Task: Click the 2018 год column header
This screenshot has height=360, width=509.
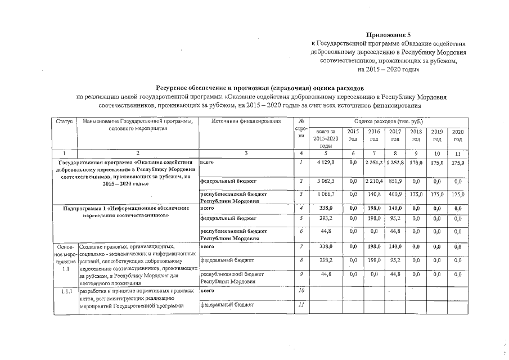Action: tap(416, 134)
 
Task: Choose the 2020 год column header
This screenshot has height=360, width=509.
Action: tap(458, 134)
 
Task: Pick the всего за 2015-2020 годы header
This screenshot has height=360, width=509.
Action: tap(326, 138)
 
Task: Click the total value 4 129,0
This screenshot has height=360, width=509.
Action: tap(326, 163)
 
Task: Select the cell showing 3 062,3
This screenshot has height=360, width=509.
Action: tap(326, 181)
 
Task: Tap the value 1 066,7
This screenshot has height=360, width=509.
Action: tap(326, 194)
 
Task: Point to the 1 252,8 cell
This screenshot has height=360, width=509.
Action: tap(395, 163)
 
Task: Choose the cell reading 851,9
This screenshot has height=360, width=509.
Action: tap(395, 181)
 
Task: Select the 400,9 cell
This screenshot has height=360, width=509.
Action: tap(395, 194)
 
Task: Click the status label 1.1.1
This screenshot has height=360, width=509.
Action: tap(66, 291)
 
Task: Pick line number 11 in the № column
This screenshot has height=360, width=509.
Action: tap(301, 305)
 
